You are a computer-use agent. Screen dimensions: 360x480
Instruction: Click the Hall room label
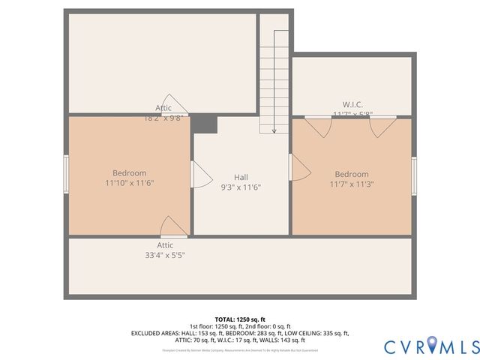(241, 177)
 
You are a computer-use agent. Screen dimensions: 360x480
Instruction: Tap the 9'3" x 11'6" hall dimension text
(241, 187)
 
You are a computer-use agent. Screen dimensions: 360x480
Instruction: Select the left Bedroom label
(130, 172)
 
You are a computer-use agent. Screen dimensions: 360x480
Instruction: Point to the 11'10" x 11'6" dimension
(130, 182)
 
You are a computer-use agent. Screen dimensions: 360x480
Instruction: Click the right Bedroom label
(352, 174)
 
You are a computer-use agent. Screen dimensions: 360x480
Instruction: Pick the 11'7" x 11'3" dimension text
(352, 184)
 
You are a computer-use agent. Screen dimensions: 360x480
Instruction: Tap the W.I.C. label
(353, 105)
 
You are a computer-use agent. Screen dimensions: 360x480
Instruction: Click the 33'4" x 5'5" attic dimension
(165, 255)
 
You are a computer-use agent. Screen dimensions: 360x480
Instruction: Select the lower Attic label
(165, 245)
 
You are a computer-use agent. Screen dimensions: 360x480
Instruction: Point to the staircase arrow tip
(274, 131)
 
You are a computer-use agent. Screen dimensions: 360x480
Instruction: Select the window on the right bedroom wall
(413, 176)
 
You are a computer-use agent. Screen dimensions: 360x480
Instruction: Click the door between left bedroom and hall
(200, 174)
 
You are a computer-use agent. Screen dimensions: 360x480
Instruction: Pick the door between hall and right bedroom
(299, 166)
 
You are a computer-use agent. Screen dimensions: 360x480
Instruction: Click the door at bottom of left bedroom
(174, 226)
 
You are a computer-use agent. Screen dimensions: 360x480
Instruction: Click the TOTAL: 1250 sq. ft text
(240, 319)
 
